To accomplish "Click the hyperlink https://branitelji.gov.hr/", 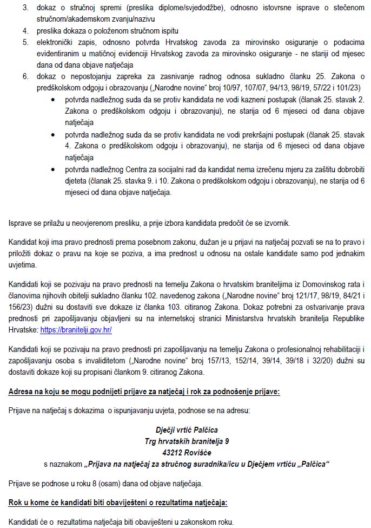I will [76, 330].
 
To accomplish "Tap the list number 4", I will [25, 30].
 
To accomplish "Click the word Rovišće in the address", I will [198, 453].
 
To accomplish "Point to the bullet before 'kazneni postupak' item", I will [52, 101].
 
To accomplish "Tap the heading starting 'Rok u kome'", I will [118, 502].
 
